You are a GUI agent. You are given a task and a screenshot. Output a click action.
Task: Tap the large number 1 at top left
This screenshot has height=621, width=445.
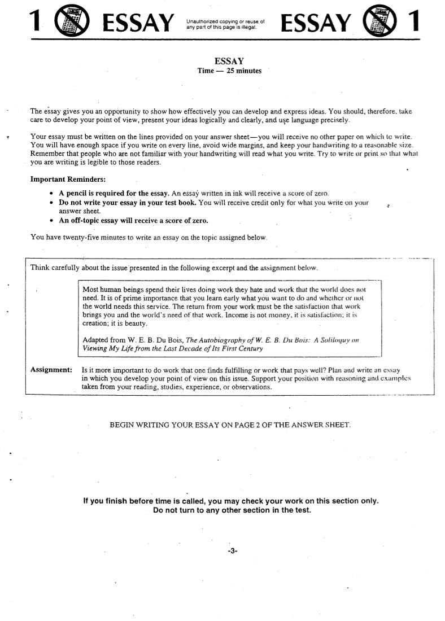point(35,22)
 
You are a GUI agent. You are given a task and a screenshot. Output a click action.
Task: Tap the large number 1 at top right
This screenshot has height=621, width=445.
point(414,22)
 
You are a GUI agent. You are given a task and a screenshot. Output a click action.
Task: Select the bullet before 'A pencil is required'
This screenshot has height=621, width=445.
point(51,193)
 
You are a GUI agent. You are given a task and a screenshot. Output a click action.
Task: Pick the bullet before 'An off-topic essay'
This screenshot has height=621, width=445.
point(51,220)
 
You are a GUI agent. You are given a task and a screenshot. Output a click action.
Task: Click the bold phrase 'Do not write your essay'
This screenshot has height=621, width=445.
point(99,202)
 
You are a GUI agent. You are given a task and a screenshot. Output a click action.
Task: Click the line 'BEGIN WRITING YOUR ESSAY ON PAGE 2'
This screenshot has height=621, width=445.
point(230,425)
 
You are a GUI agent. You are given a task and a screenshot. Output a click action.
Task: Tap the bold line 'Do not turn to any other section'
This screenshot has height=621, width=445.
point(232,510)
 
